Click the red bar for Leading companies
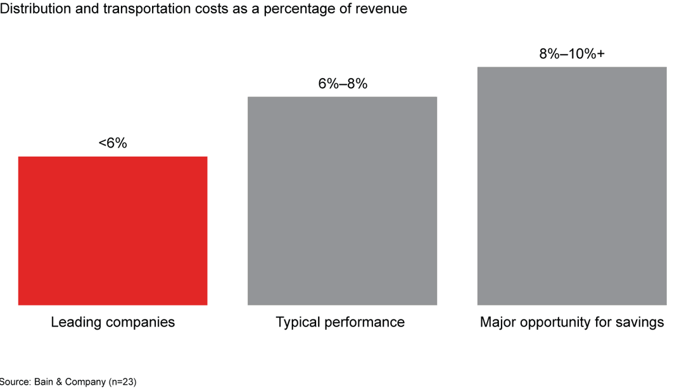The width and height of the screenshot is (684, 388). (113, 231)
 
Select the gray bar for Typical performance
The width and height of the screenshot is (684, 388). (342, 201)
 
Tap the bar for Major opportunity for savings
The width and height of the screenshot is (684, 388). (571, 186)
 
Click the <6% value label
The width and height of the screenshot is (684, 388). (113, 144)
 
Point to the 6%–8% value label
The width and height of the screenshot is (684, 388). (342, 84)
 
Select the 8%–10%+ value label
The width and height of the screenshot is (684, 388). (571, 54)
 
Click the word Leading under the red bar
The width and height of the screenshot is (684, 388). (74, 322)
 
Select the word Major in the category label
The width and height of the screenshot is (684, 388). (498, 322)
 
